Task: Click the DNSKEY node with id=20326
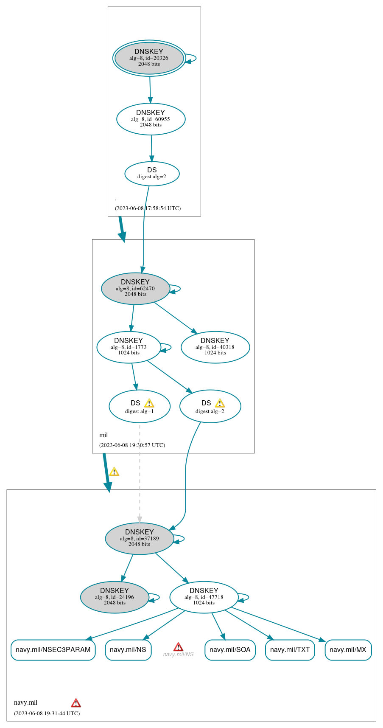(149, 58)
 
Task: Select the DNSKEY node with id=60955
(151, 119)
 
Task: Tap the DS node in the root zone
(152, 174)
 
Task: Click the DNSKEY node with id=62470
(135, 289)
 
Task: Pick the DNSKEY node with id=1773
(129, 347)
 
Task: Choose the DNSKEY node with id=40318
(215, 347)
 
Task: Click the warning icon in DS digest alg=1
(149, 403)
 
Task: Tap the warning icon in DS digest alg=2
(220, 403)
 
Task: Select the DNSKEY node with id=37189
(140, 539)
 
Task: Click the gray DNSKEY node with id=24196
(115, 597)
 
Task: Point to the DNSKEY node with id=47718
(204, 597)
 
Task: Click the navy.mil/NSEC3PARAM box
(53, 650)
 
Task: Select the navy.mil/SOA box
(230, 650)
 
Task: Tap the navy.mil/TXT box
(290, 650)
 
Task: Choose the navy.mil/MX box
(348, 650)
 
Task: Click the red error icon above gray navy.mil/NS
(178, 647)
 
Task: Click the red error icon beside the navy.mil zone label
(76, 703)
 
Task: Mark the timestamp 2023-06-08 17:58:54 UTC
(148, 208)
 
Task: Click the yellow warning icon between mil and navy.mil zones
(114, 472)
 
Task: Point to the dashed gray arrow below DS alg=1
(140, 471)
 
